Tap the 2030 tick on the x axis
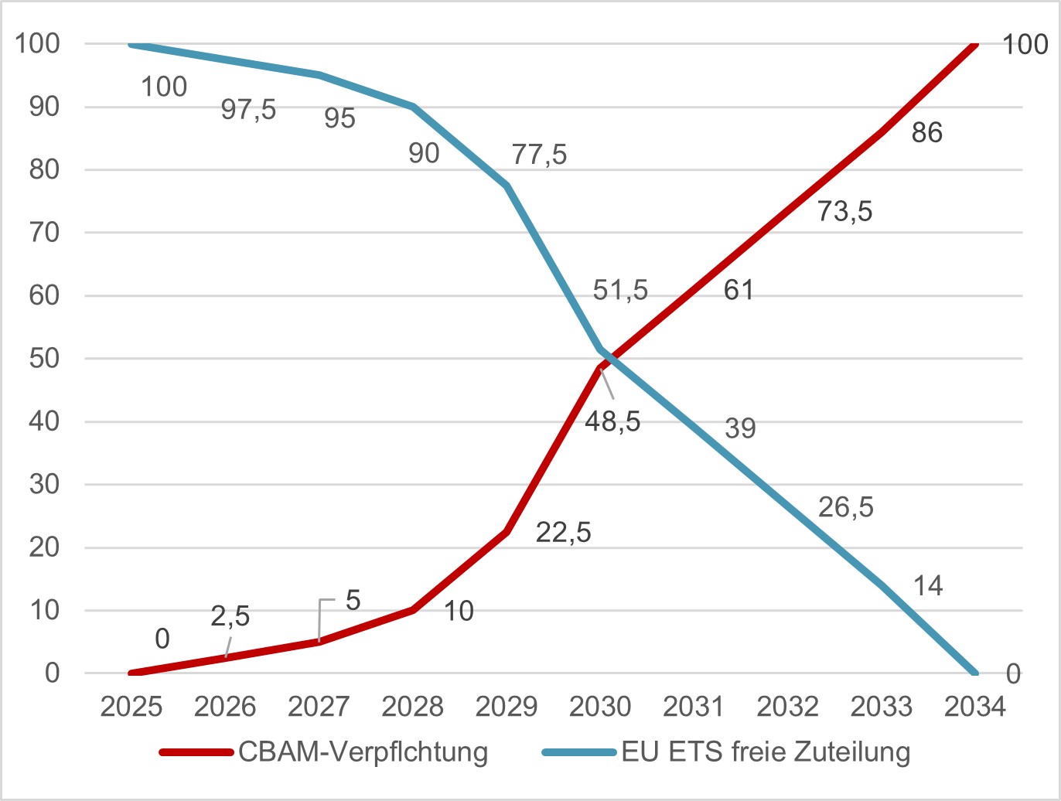[600, 706]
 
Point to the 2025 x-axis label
[131, 706]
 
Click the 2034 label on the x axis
[974, 706]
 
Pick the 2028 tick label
[413, 706]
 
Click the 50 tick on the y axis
[44, 359]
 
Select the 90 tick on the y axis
[44, 107]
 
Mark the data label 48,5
[612, 421]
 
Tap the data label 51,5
[620, 290]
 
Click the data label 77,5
[539, 155]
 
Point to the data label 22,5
[563, 532]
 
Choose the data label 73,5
[844, 211]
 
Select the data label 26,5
[845, 507]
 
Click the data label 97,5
[248, 109]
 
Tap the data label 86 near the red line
[926, 133]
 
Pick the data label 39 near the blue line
[740, 428]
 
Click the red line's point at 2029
[507, 532]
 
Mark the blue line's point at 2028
[413, 107]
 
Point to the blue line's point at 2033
[882, 585]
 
